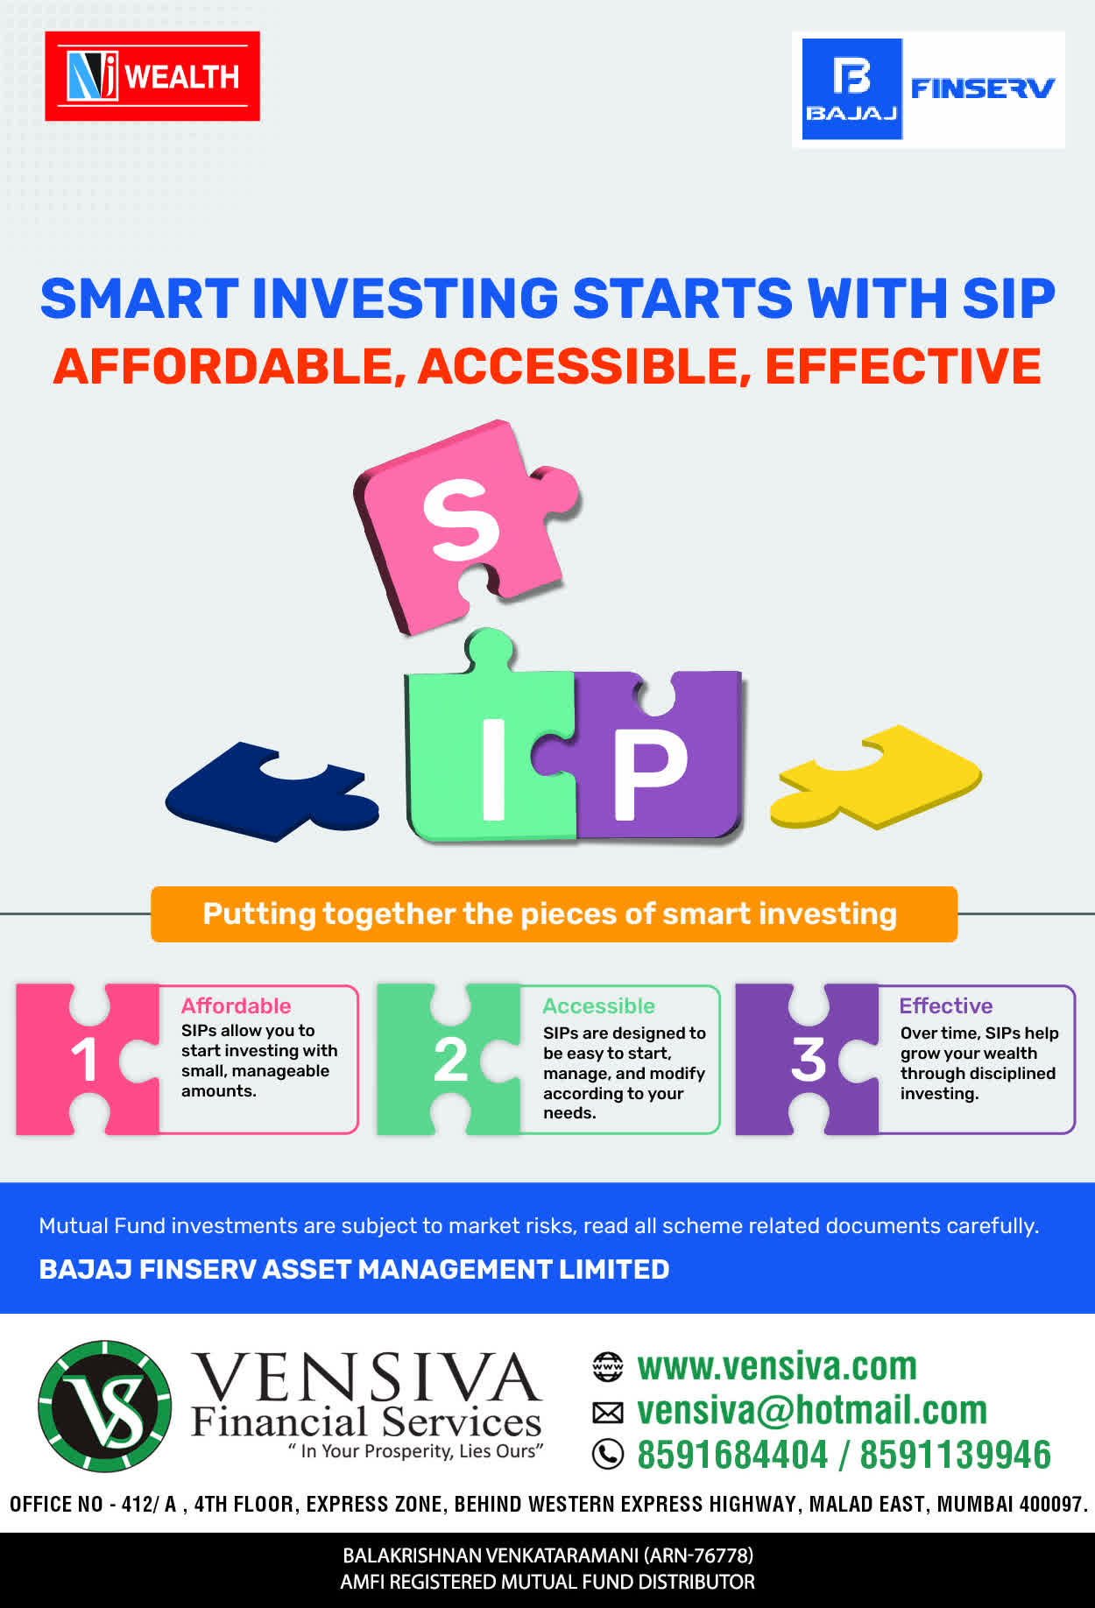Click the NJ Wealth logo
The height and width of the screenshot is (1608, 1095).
click(152, 76)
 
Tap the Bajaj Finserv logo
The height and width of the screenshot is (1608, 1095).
click(929, 89)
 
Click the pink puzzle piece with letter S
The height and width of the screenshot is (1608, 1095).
click(464, 525)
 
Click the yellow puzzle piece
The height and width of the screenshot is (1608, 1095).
click(876, 776)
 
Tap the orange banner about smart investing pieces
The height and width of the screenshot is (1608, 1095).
click(554, 914)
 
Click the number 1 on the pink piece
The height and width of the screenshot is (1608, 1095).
click(84, 1060)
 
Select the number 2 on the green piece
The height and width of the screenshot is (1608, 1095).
click(450, 1060)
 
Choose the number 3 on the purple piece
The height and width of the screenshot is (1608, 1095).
click(809, 1060)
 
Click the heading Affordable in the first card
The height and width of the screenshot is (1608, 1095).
click(236, 1005)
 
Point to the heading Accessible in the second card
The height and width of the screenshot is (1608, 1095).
click(598, 1005)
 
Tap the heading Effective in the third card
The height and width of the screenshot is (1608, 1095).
click(946, 1005)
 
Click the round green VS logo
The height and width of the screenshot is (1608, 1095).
click(105, 1406)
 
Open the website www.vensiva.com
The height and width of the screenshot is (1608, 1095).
click(777, 1366)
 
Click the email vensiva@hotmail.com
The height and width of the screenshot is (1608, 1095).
click(812, 1410)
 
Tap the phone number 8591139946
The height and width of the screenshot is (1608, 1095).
click(955, 1455)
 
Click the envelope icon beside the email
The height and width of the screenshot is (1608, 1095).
click(608, 1412)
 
